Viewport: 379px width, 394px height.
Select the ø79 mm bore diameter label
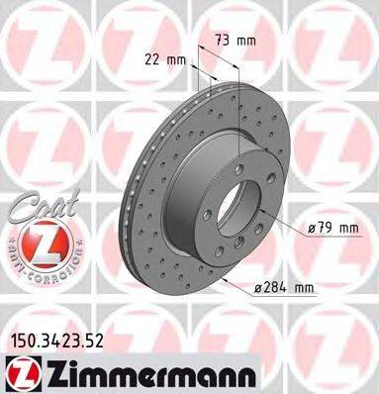tap(332, 229)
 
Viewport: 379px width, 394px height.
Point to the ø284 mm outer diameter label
tap(283, 288)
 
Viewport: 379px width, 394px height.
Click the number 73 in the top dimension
tap(224, 43)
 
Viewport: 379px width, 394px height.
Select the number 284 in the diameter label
tap(276, 288)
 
